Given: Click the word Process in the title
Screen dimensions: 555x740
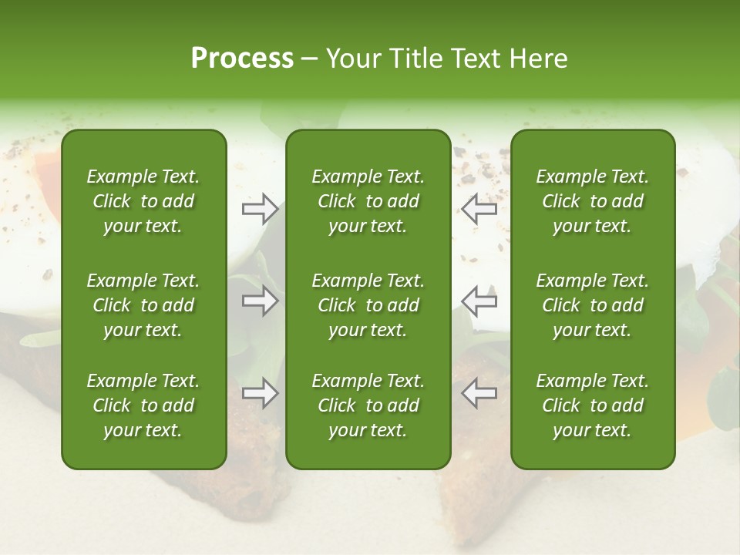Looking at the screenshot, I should coord(242,59).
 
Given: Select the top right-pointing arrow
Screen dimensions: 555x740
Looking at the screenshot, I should coord(260,209).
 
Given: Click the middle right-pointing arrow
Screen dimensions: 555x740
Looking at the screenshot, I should coord(260,301).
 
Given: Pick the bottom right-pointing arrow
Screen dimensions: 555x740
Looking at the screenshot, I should coord(260,393).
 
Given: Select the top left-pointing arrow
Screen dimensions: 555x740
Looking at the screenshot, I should coord(479,209).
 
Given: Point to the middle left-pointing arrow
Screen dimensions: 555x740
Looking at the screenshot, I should coord(479,301).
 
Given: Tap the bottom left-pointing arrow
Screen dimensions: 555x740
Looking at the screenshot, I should coord(479,393).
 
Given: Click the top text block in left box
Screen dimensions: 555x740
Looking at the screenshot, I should coord(143,201).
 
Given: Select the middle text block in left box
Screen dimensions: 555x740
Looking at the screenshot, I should coord(143,305).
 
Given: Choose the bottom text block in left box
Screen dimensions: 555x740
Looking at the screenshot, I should coord(143,405).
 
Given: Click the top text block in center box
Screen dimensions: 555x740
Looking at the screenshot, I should coord(368,201).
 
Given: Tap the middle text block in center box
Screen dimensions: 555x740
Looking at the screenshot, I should coord(368,305).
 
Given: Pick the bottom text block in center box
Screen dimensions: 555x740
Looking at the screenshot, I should coord(368,405).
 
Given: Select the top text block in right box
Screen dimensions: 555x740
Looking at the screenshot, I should coord(592,201).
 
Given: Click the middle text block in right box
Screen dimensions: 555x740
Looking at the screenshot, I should coord(592,305).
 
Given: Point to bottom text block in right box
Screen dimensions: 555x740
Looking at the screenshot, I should coord(592,405).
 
